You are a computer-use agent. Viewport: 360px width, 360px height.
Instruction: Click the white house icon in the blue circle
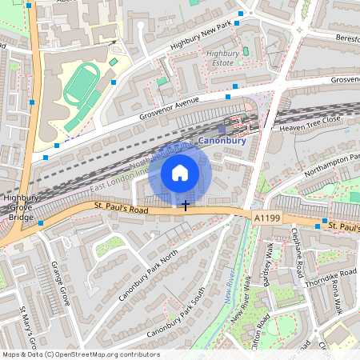pyautogui.click(x=179, y=172)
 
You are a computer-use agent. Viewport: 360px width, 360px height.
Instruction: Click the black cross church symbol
pyautogui.click(x=186, y=206)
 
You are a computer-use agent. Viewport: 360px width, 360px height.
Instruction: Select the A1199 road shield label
pyautogui.click(x=267, y=217)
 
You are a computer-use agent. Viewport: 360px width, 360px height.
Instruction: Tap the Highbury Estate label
pyautogui.click(x=223, y=58)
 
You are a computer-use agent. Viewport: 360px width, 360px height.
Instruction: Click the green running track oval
pyautogui.click(x=78, y=83)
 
